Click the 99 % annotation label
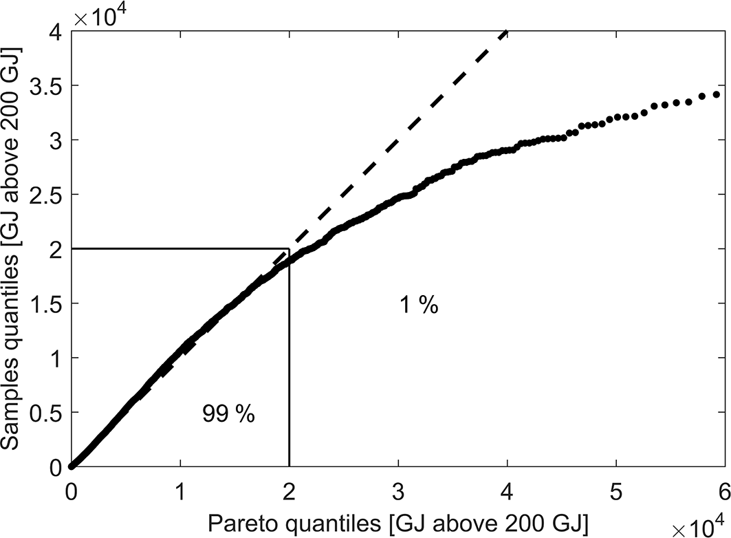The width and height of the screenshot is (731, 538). point(228,413)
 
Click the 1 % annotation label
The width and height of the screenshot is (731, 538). point(419,305)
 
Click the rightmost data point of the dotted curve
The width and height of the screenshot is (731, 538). point(717,94)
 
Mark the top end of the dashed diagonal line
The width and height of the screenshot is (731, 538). point(507,31)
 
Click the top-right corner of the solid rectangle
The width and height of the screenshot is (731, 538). point(289,249)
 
